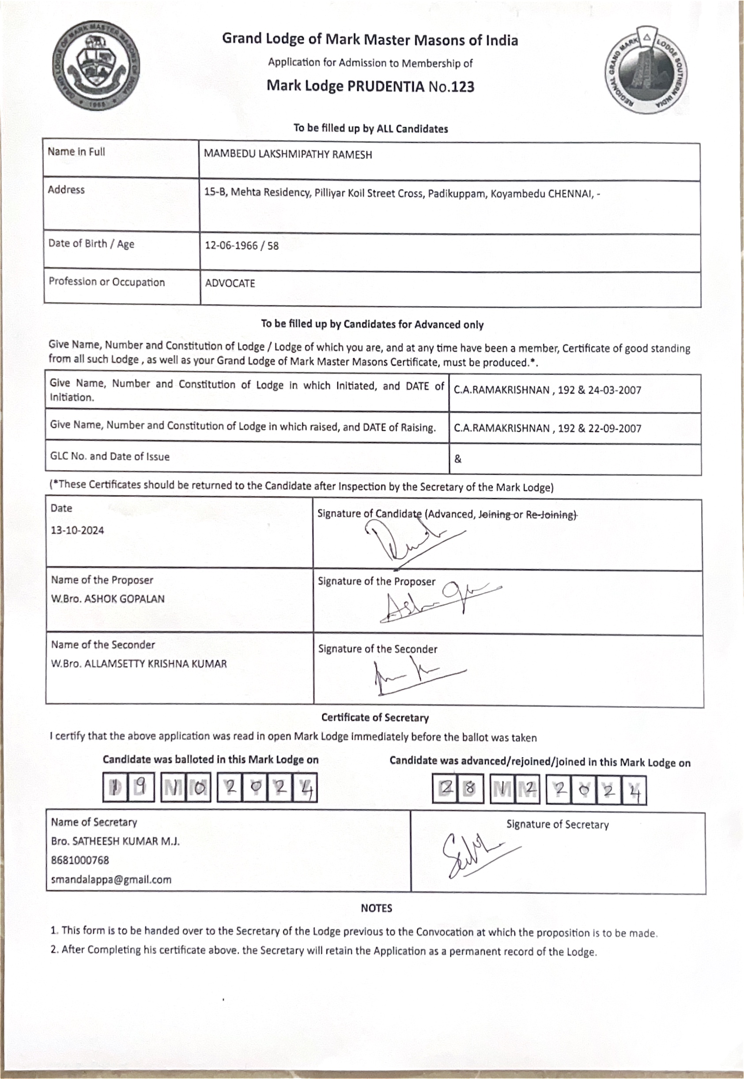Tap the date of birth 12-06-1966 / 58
[x=242, y=246]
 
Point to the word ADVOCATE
[x=230, y=284]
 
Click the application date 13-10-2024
[x=77, y=530]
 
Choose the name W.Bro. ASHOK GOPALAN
[x=108, y=599]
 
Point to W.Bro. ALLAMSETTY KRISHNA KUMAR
[x=139, y=663]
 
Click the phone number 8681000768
[x=80, y=860]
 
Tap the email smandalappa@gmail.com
[x=111, y=879]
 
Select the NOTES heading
[x=376, y=908]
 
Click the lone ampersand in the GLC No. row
[x=458, y=459]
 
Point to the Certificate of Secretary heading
[x=375, y=717]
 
